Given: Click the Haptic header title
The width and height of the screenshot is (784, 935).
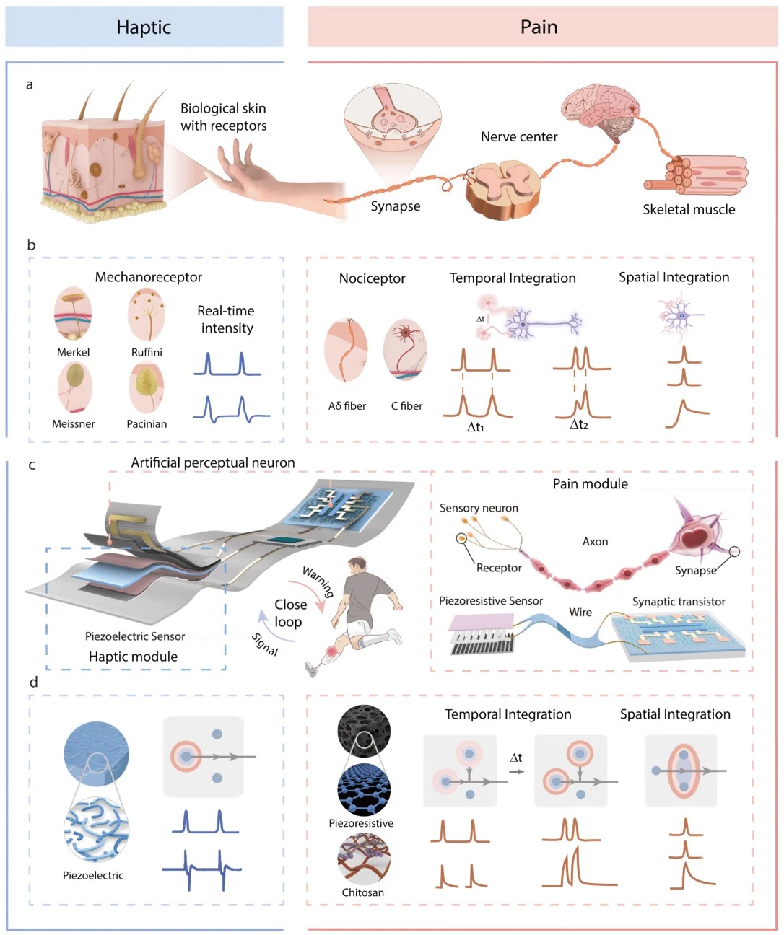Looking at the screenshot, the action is coord(144,27).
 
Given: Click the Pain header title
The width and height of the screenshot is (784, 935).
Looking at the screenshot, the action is coord(539,27).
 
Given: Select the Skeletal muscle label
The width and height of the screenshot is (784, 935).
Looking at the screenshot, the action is coord(689,209).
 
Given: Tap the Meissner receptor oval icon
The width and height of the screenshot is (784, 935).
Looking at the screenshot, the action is coord(75,387).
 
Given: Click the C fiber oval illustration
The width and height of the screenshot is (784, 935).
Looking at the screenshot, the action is coord(405,350).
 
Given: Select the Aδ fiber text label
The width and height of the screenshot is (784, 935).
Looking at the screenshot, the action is coord(347,406).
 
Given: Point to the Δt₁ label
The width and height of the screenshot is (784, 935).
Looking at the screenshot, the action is coord(475,427).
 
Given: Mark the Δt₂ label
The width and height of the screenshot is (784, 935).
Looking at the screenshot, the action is coord(578,424).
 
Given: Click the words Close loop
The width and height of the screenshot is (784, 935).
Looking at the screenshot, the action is coord(290,613).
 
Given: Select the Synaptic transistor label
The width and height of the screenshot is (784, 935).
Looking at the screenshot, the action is coord(679,602).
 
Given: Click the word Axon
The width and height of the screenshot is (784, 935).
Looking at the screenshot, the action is coord(595,542).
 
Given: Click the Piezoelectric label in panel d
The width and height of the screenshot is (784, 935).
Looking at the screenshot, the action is coord(92,875).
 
